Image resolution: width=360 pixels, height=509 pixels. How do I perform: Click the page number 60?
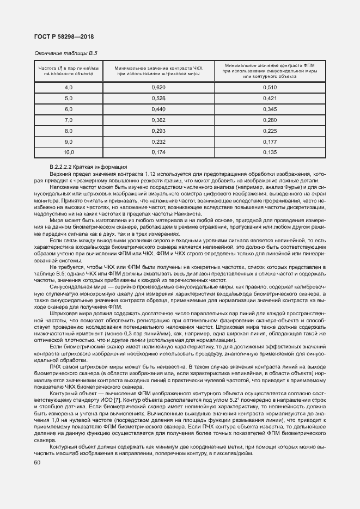point(36,463)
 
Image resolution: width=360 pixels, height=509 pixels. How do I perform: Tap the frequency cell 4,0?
point(69,87)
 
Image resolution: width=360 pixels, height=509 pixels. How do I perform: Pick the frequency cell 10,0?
point(69,152)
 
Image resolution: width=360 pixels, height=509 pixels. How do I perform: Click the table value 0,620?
point(158,87)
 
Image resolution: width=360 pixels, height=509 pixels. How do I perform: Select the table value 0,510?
point(270,87)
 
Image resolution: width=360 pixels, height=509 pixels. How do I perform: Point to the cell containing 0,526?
point(158,98)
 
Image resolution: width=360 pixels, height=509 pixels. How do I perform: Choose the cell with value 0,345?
point(270,109)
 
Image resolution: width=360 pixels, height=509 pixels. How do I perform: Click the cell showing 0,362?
point(158,120)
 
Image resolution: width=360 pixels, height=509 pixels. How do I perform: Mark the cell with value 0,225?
point(270,131)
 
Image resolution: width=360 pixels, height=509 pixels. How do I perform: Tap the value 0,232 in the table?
point(158,142)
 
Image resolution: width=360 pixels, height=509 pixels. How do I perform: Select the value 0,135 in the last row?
point(270,152)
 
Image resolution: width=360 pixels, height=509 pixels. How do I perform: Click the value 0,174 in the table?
point(158,152)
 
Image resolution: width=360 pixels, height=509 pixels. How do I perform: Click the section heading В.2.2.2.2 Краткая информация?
point(88,167)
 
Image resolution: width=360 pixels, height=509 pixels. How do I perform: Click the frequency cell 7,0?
point(69,120)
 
